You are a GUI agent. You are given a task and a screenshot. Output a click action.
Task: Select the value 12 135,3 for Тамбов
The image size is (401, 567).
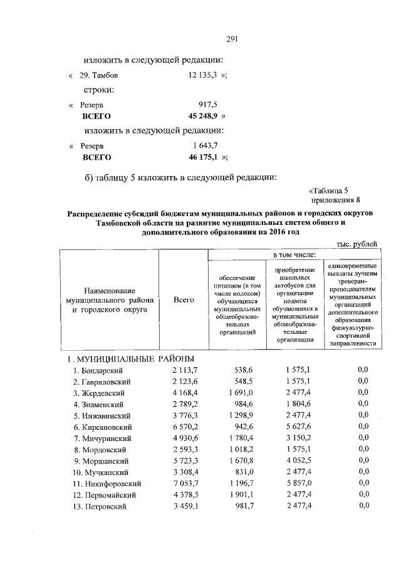pos(202,75)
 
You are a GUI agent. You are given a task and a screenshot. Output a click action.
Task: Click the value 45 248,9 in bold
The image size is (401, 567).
pos(203,116)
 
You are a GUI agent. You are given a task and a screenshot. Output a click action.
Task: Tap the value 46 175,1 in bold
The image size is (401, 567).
pos(203,157)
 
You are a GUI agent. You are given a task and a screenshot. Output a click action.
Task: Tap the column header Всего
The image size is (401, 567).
pos(183,300)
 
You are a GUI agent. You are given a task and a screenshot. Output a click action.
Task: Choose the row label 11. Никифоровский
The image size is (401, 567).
pos(107,484)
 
